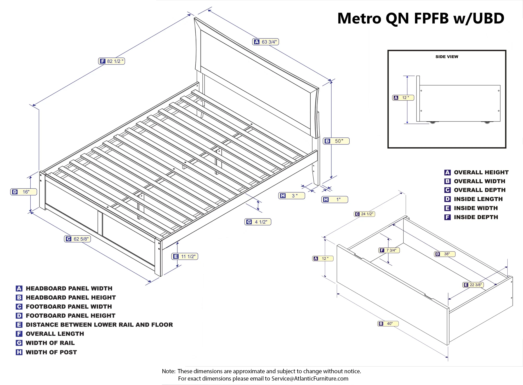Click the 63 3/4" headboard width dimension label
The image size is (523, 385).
pyautogui.click(x=266, y=42)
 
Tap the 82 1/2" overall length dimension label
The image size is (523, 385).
pyautogui.click(x=112, y=61)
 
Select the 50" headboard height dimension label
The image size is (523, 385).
pyautogui.click(x=336, y=141)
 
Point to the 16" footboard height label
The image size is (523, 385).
pyautogui.click(x=24, y=192)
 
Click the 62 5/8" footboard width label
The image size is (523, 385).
pyautogui.click(x=77, y=239)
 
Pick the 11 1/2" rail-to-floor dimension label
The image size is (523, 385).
pyautogui.click(x=185, y=256)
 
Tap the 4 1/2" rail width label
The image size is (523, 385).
pyautogui.click(x=258, y=222)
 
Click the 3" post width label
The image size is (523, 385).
pyautogui.click(x=292, y=196)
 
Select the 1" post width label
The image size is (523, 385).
pyautogui.click(x=335, y=200)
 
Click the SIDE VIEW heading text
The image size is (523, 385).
pyautogui.click(x=447, y=57)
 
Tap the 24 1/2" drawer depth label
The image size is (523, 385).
pyautogui.click(x=364, y=214)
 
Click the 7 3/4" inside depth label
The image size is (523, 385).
pyautogui.click(x=389, y=250)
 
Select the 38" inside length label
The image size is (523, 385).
pyautogui.click(x=445, y=254)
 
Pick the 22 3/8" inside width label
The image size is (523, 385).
pyautogui.click(x=473, y=285)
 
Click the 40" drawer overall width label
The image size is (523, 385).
pyautogui.click(x=388, y=324)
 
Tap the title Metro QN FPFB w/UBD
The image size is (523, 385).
pyautogui.click(x=421, y=18)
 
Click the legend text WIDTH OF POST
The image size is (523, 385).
pyautogui.click(x=51, y=352)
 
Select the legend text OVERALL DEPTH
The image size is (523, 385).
pyautogui.click(x=480, y=190)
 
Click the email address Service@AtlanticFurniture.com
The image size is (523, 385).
pyautogui.click(x=310, y=378)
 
